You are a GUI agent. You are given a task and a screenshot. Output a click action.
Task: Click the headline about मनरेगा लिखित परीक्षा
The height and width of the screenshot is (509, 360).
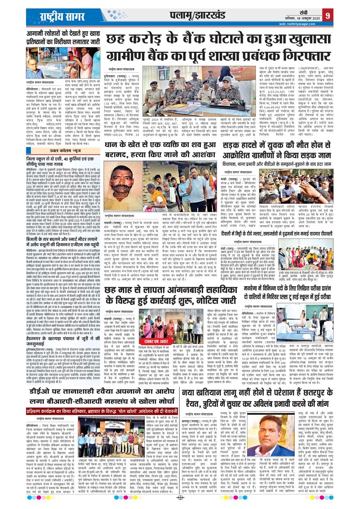(x=277, y=283)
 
